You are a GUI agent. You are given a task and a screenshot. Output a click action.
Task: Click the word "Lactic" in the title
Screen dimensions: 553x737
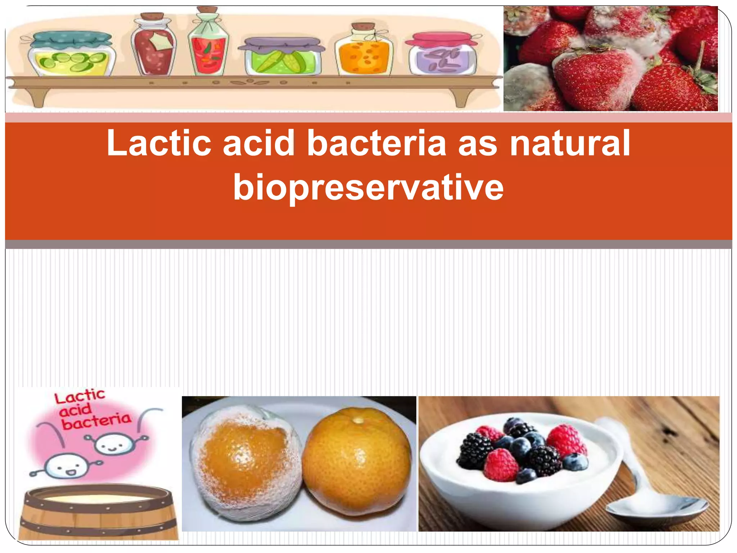pos(158,143)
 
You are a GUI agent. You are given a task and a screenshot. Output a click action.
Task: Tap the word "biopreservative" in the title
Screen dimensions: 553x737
pos(368,187)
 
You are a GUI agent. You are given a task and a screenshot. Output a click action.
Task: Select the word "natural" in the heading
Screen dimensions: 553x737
pos(570,143)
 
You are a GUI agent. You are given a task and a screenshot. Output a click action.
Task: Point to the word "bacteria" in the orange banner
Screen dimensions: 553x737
pos(376,143)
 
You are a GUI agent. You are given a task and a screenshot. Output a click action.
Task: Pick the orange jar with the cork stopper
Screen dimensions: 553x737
pos(364,52)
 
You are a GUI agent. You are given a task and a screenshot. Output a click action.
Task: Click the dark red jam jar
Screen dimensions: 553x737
pos(154,47)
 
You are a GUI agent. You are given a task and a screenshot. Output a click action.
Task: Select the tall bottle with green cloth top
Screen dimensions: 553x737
pos(208,45)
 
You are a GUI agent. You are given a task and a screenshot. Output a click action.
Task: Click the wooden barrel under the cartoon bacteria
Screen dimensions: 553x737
pos(98,513)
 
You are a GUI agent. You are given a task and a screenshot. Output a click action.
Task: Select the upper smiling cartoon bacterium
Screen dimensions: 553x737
pos(112,445)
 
